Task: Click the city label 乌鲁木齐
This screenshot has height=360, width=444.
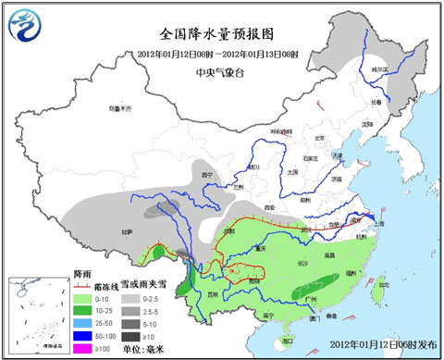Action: tap(120, 108)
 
